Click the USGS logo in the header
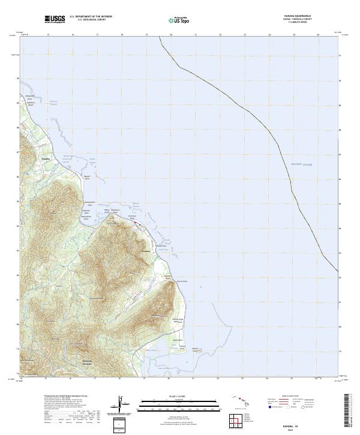[x=55, y=19]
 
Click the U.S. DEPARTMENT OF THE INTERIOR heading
[x=91, y=17]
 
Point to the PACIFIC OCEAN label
[x=302, y=164]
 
